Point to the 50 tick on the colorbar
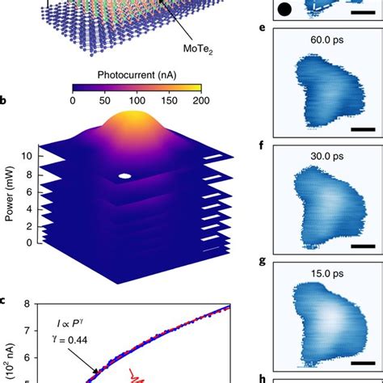coord(105,100)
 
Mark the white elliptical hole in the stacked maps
coord(124,175)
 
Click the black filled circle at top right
coord(284,11)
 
